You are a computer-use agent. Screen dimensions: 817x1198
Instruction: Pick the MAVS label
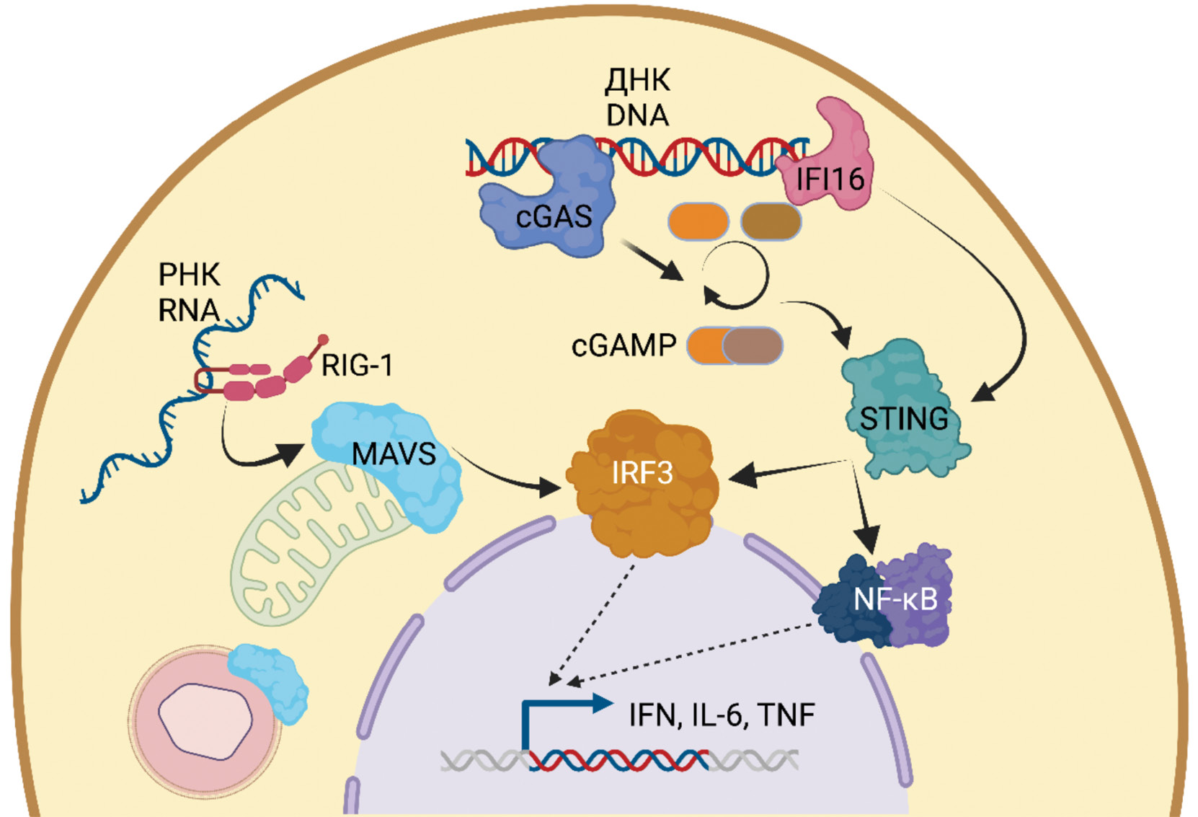point(394,454)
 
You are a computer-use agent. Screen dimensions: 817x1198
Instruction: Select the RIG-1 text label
point(357,366)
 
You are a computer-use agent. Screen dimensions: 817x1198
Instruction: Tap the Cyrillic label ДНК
point(637,81)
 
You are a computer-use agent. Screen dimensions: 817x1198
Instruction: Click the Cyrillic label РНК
point(189,275)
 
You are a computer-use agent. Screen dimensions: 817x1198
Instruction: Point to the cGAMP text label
point(624,346)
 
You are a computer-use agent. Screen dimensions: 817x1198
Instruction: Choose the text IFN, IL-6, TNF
point(722,715)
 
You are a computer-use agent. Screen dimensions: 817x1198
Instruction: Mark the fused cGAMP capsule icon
point(735,346)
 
